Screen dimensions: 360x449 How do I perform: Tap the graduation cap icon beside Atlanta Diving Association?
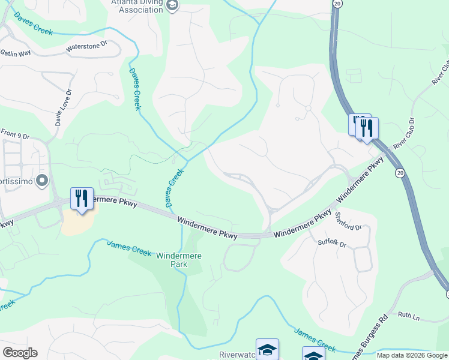[x=172, y=5]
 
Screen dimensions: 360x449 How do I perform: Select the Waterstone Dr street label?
[x=86, y=46]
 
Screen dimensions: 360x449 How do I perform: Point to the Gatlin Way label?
[x=16, y=53]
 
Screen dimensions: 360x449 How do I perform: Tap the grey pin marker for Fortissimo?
[x=41, y=180]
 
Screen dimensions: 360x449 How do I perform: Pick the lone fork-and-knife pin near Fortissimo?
[x=81, y=199]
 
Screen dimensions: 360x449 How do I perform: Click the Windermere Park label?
[x=179, y=260]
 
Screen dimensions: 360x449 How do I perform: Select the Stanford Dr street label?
[x=349, y=222]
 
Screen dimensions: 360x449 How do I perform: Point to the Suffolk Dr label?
[x=333, y=243]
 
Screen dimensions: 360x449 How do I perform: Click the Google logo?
[x=20, y=353]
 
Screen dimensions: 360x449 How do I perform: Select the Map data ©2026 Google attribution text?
[x=412, y=355]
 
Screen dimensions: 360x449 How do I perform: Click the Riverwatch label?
[x=237, y=355]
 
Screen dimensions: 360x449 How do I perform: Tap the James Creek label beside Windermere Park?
[x=129, y=248]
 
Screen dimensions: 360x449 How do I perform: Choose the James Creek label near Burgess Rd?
[x=315, y=339]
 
